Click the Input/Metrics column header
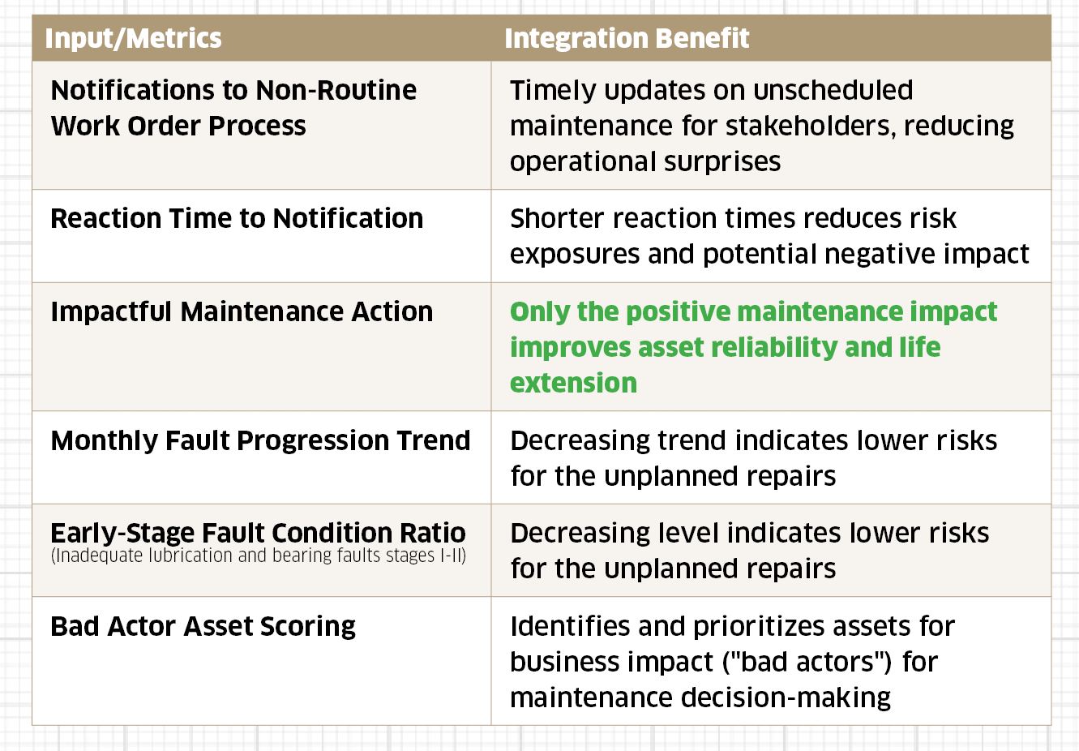coord(133,39)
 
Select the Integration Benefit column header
coord(627,39)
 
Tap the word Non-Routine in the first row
coord(336,90)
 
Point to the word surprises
coord(722,162)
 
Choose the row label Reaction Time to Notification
coord(237,218)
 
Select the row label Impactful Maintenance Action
coord(242,311)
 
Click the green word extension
coord(573,384)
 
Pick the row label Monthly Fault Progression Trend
coord(260,440)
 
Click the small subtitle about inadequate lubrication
coord(258,556)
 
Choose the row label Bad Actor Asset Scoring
coord(203,627)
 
